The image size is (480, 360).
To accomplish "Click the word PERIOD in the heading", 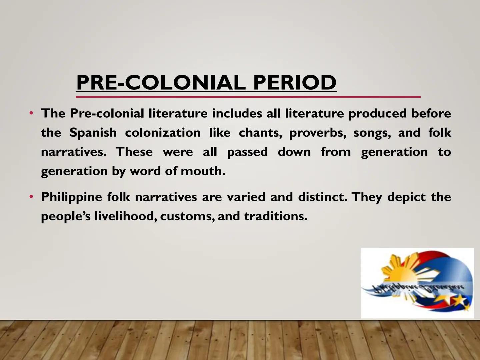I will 295,82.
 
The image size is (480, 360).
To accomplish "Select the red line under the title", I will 248,97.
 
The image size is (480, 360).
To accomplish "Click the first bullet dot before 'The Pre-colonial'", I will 31,113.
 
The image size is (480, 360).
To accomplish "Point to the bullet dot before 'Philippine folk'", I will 31,197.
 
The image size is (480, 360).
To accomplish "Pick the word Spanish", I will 93,133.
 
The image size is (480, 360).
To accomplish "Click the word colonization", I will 163,133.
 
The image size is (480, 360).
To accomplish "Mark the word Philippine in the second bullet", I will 71,197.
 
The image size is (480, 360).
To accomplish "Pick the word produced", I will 377,113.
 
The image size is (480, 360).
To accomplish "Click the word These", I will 134,152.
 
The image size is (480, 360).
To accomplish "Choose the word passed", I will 247,152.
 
